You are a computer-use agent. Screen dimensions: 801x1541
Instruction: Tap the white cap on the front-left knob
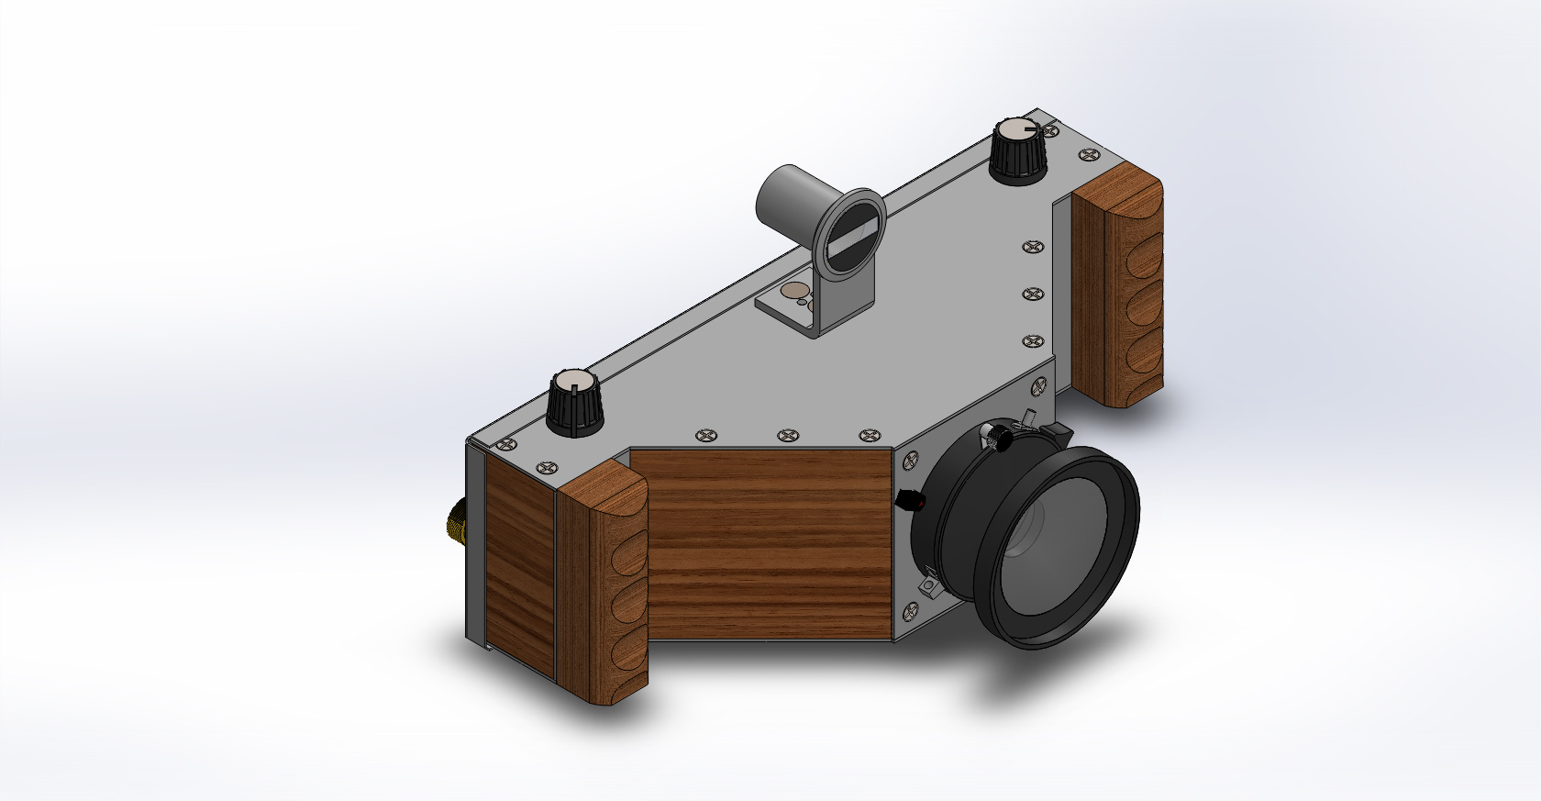coord(574,380)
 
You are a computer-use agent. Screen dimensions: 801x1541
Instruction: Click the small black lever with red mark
coord(909,500)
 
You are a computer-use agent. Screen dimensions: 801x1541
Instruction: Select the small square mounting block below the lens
coord(929,584)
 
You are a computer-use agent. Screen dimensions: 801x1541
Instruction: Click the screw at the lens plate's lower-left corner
coord(911,609)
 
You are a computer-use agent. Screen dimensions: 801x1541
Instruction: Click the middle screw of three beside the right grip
coord(1034,294)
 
